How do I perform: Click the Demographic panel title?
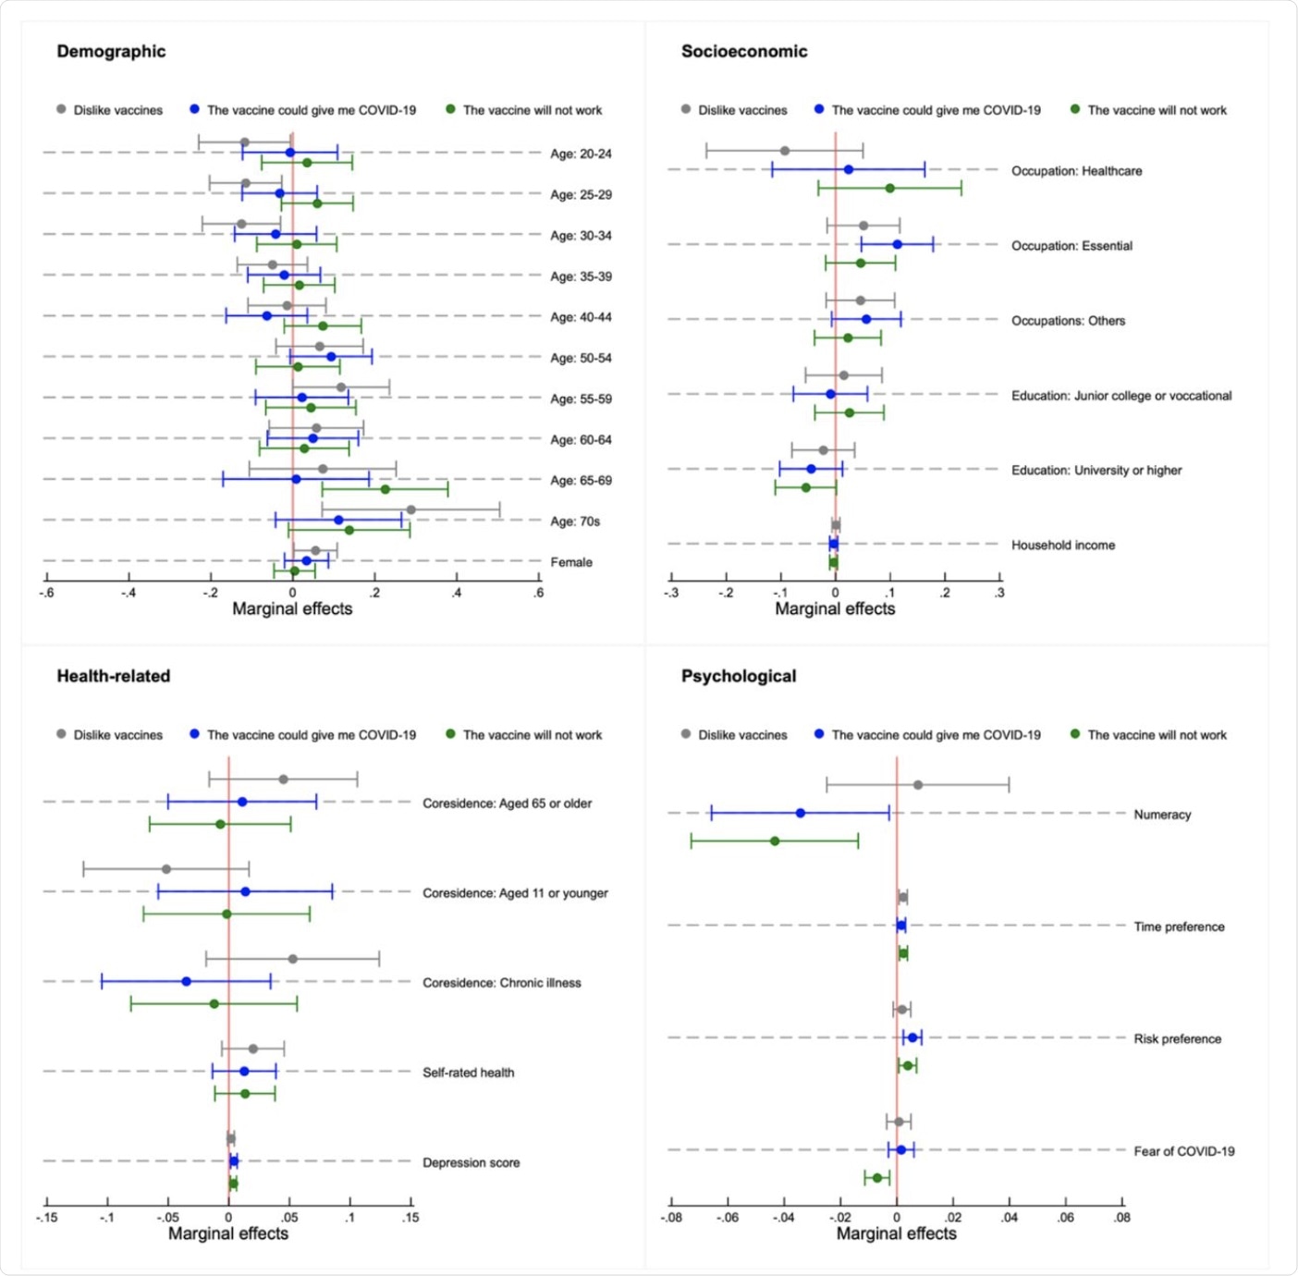pyautogui.click(x=111, y=52)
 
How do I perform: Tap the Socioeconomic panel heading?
pyautogui.click(x=744, y=52)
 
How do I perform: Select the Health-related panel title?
pyautogui.click(x=114, y=676)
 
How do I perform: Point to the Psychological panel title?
pyautogui.click(x=739, y=676)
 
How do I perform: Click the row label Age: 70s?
pyautogui.click(x=575, y=521)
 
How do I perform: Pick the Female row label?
pyautogui.click(x=571, y=562)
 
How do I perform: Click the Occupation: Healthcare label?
pyautogui.click(x=1076, y=171)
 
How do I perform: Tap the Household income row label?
pyautogui.click(x=1063, y=546)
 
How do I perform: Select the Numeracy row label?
pyautogui.click(x=1162, y=815)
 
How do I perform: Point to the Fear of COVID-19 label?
pyautogui.click(x=1184, y=1151)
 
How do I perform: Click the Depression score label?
pyautogui.click(x=471, y=1163)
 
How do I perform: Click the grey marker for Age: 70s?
pyautogui.click(x=410, y=509)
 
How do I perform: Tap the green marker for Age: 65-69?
pyautogui.click(x=386, y=489)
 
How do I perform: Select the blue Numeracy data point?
pyautogui.click(x=801, y=813)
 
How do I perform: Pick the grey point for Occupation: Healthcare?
pyautogui.click(x=785, y=151)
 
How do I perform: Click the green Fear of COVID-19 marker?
pyautogui.click(x=877, y=1178)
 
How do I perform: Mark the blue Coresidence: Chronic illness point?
pyautogui.click(x=187, y=981)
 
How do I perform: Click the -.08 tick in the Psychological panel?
pyautogui.click(x=671, y=1218)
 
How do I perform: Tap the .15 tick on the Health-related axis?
pyautogui.click(x=410, y=1218)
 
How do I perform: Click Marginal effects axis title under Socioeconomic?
pyautogui.click(x=835, y=609)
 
